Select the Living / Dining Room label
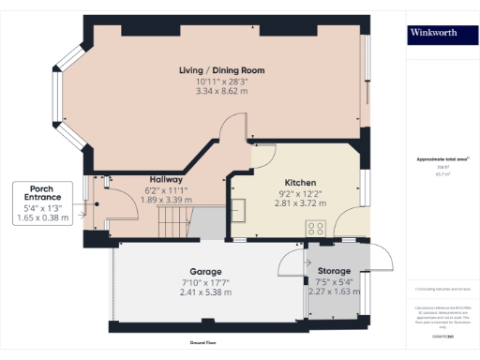click(222, 70)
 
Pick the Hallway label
click(166, 179)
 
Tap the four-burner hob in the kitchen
click(316, 227)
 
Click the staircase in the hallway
click(178, 223)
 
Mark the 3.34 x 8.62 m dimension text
click(222, 92)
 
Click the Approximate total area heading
click(442, 160)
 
